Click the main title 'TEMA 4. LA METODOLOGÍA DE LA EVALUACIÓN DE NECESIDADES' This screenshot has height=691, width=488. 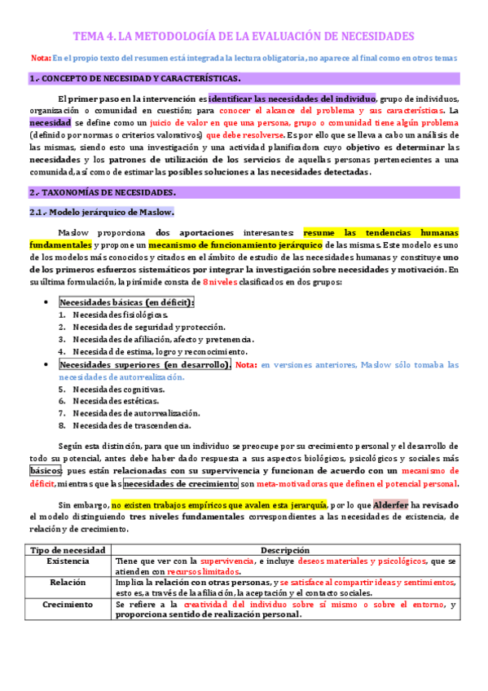coord(244,36)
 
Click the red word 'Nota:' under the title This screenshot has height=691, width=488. coord(40,58)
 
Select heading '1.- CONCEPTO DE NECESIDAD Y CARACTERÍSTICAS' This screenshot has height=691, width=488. coord(134,78)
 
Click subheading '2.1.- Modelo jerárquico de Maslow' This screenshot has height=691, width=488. coord(101,212)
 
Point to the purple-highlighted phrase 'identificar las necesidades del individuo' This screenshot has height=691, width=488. coord(292,98)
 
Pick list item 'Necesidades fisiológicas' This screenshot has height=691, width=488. coord(120,315)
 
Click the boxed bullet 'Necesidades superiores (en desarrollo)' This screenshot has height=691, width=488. coord(145,364)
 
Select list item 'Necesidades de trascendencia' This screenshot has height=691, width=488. coord(131,425)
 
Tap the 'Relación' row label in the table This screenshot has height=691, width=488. coord(68,583)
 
